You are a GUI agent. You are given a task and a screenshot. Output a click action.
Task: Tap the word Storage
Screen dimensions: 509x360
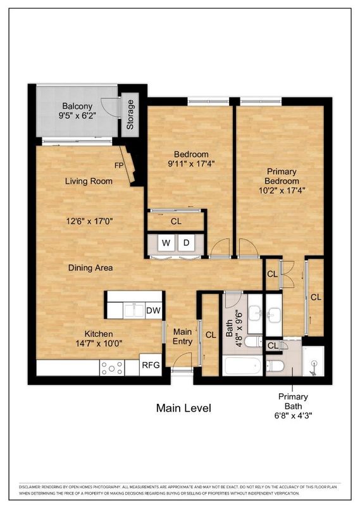pyautogui.click(x=130, y=115)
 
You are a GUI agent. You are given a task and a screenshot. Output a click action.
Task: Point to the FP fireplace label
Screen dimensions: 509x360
pyautogui.click(x=118, y=166)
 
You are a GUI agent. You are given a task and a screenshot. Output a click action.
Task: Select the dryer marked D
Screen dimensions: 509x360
pyautogui.click(x=187, y=242)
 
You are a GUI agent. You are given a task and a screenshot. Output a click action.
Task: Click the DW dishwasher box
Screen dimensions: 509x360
pyautogui.click(x=153, y=310)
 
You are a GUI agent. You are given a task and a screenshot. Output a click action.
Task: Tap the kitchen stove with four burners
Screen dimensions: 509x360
pyautogui.click(x=112, y=367)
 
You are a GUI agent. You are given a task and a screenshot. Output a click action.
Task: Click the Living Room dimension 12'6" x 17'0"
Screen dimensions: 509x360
pyautogui.click(x=89, y=222)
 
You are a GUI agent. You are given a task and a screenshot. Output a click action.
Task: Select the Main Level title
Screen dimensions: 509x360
pyautogui.click(x=183, y=408)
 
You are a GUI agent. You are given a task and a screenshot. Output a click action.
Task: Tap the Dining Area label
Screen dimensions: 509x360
pyautogui.click(x=90, y=268)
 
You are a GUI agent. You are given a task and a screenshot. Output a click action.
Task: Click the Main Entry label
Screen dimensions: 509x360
pyautogui.click(x=182, y=337)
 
